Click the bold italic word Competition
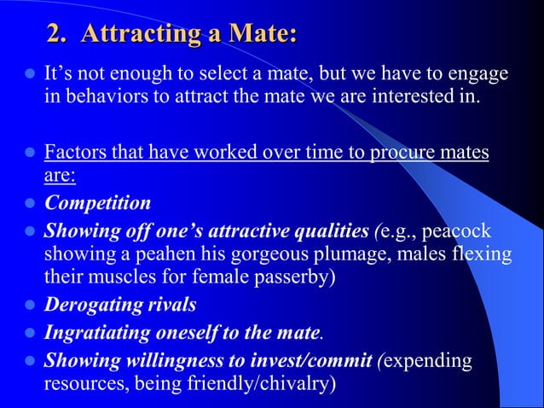tap(97, 203)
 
